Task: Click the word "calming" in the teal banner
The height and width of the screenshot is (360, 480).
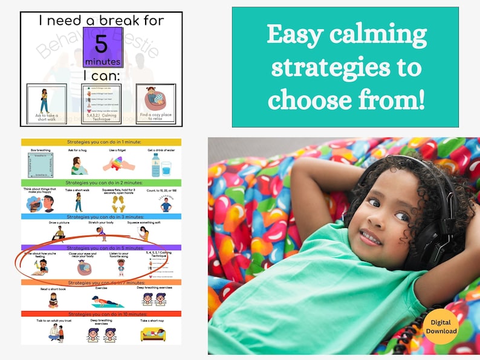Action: pos(368,36)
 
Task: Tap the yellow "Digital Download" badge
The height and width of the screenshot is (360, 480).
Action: pos(441,326)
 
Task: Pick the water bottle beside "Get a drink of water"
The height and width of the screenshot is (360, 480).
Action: pos(156,164)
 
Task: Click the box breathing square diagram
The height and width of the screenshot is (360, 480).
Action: pos(41,165)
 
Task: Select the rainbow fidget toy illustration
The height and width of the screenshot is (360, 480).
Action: pos(117,165)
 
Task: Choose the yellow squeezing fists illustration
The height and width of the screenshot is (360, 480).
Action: pos(118,204)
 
